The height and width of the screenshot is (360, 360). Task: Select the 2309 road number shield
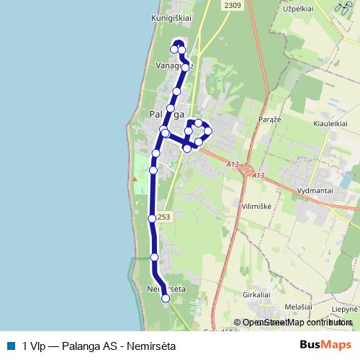(232, 6)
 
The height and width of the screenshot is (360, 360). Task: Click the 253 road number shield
(163, 217)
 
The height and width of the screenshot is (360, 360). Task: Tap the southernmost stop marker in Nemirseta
(166, 298)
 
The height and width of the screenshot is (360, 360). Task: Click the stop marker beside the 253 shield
(152, 218)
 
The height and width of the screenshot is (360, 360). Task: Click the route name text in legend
(99, 345)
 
